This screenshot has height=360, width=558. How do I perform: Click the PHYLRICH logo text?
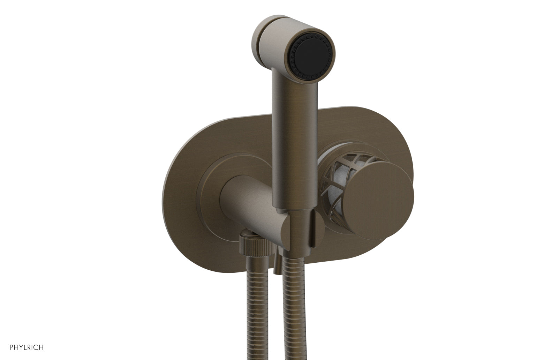[22, 347]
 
